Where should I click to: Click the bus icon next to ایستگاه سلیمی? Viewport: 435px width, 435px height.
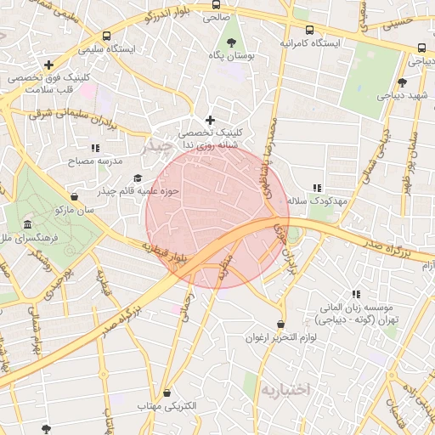click(x=106, y=37)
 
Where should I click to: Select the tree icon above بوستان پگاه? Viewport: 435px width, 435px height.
click(x=231, y=41)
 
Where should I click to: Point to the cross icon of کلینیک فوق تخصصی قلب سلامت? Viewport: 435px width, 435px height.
click(x=48, y=65)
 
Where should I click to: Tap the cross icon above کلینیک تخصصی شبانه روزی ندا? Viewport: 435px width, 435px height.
click(x=211, y=120)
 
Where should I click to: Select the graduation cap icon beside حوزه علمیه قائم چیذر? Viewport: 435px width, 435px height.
click(x=138, y=178)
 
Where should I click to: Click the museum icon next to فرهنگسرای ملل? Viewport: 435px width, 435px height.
click(x=28, y=225)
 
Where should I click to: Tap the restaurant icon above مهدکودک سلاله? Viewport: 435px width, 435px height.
click(x=317, y=188)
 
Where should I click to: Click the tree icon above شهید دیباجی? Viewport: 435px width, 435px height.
click(x=401, y=82)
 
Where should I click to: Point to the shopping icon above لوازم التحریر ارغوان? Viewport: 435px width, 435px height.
click(x=280, y=324)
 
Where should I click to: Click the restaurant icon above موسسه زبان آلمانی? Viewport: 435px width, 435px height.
click(x=355, y=293)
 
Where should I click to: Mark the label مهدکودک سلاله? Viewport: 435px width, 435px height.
click(x=314, y=201)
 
